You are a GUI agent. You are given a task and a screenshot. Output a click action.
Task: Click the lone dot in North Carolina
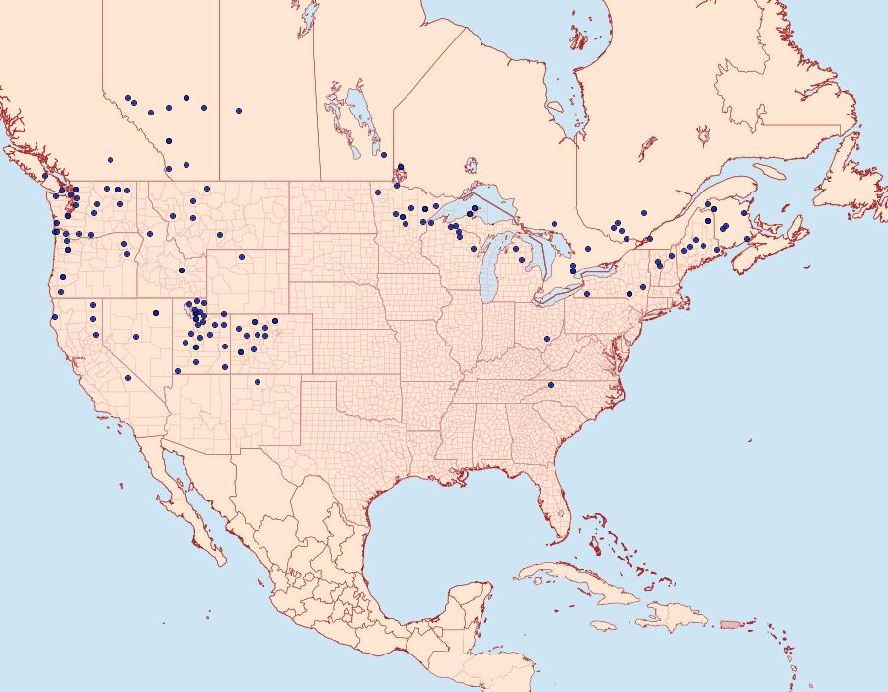click(551, 384)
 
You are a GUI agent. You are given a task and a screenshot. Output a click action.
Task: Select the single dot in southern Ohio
click(546, 339)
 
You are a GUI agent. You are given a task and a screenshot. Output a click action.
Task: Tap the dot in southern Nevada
click(128, 378)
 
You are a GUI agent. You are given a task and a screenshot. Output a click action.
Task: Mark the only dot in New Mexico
click(257, 382)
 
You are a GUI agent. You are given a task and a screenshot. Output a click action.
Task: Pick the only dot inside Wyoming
click(241, 256)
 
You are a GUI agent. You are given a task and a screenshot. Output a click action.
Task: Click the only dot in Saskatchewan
click(239, 111)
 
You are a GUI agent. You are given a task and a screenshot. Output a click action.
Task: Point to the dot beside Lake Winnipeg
click(383, 154)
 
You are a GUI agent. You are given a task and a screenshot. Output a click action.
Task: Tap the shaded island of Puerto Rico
click(730, 623)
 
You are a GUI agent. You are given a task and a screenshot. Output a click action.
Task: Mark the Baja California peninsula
click(187, 503)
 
